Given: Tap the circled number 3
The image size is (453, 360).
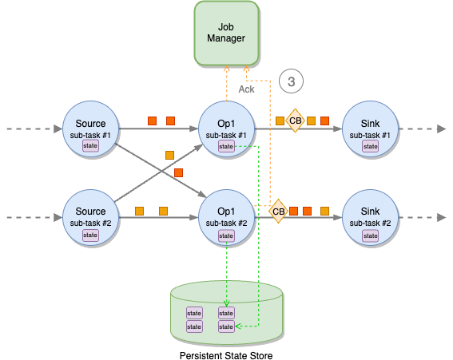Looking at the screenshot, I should [292, 81].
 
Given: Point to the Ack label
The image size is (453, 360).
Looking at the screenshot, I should [246, 89].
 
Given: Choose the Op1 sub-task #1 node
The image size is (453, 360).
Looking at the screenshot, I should [226, 128].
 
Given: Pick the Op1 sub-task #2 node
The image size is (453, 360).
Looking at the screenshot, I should [226, 216].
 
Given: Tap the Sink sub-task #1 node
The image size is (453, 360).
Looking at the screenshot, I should [370, 128].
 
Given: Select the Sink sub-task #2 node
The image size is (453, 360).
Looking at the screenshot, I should [370, 216].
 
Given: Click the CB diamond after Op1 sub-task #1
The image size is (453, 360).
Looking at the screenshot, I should [295, 121].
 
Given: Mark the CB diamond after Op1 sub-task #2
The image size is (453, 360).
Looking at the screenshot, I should [278, 212].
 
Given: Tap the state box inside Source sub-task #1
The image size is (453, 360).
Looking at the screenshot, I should [90, 147].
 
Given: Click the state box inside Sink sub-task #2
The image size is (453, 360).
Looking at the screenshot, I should [370, 235].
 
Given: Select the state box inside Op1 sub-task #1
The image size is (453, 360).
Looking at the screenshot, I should [226, 147].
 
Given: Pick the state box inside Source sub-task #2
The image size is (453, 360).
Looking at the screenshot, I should [90, 235].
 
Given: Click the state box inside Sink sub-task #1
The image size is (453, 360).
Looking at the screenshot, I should [370, 147].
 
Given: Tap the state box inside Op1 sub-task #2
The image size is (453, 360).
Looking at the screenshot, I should [226, 235].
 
